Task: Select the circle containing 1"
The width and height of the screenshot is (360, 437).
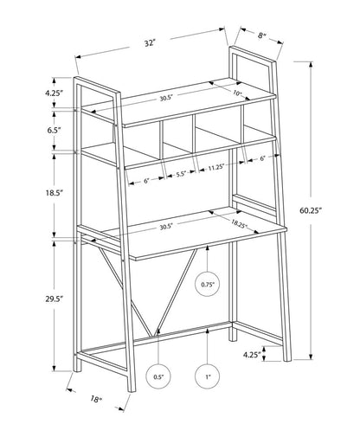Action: pos(208,378)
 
